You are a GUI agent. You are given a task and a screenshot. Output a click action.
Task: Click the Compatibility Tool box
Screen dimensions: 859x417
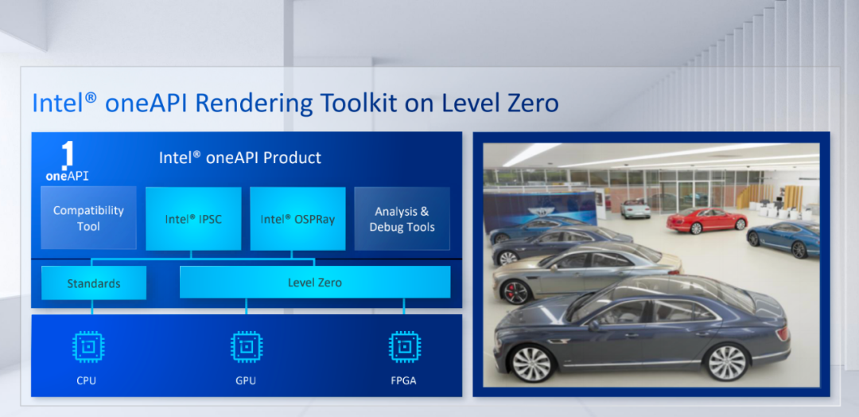(x=88, y=218)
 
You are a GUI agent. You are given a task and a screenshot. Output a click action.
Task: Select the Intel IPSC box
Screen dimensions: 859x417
(x=193, y=219)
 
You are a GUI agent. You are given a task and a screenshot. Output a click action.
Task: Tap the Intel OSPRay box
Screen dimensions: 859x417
(x=298, y=219)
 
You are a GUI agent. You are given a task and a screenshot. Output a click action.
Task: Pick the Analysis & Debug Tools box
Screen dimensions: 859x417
(x=402, y=219)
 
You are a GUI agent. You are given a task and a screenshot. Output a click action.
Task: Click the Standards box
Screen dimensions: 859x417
(x=94, y=283)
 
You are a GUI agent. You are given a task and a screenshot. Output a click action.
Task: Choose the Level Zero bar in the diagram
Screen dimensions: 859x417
(x=315, y=283)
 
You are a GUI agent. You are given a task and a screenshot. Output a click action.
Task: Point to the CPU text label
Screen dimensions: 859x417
(x=87, y=380)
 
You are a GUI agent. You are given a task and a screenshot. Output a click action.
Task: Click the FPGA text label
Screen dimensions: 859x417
(x=405, y=380)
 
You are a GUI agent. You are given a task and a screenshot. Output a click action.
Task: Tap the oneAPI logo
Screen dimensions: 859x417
(x=67, y=162)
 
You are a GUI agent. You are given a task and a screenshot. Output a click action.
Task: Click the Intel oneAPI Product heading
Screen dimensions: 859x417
(x=240, y=158)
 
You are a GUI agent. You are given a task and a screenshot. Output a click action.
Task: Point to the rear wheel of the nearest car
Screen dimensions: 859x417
(x=726, y=361)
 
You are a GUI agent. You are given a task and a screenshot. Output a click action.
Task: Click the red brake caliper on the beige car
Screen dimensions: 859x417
(x=511, y=293)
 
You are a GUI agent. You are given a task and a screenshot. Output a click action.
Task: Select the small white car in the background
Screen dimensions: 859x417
(x=636, y=208)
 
